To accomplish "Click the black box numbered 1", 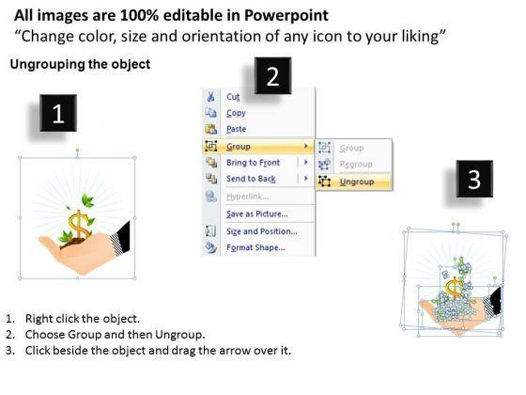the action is (58, 113).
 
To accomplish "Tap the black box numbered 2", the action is (272, 75).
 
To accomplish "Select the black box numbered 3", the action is (474, 179).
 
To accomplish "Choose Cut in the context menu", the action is (233, 97).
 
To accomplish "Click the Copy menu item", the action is (236, 113).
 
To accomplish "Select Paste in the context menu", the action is (236, 129).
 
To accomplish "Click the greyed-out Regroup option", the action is (356, 165).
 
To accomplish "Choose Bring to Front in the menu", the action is (253, 163).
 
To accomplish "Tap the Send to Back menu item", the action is (251, 179).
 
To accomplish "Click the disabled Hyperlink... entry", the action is (248, 197).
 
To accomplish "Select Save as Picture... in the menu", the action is (257, 214).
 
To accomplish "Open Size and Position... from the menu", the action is (262, 231).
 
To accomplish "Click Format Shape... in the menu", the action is (255, 247).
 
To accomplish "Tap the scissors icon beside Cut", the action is (210, 97).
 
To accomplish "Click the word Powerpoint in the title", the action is (286, 15).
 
